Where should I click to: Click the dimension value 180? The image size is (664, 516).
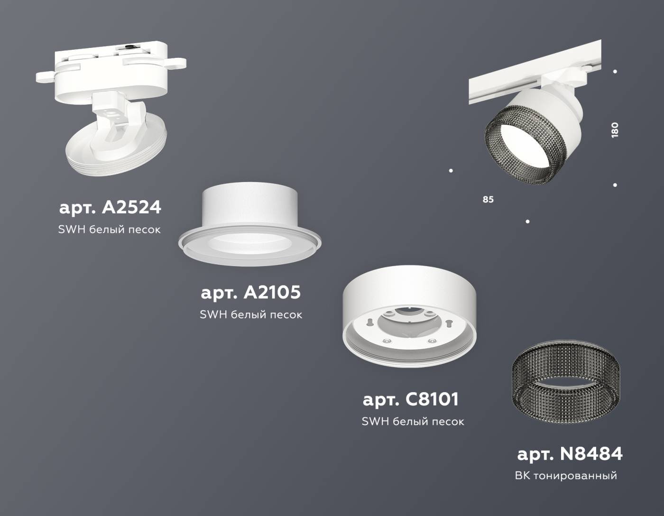tap(615, 129)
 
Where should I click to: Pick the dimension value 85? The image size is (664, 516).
tap(488, 200)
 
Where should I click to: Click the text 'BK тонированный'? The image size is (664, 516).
tap(566, 475)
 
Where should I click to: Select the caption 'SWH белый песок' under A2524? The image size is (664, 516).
tap(110, 230)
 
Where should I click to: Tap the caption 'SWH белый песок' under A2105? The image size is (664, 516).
tap(251, 314)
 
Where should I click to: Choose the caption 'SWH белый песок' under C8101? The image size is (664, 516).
tap(413, 421)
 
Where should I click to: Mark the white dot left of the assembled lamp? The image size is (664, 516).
tap(451, 170)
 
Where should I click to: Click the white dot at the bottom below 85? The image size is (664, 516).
tap(527, 221)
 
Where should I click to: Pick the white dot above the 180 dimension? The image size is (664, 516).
tap(615, 72)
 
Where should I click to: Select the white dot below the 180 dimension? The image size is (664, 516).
tap(615, 185)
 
